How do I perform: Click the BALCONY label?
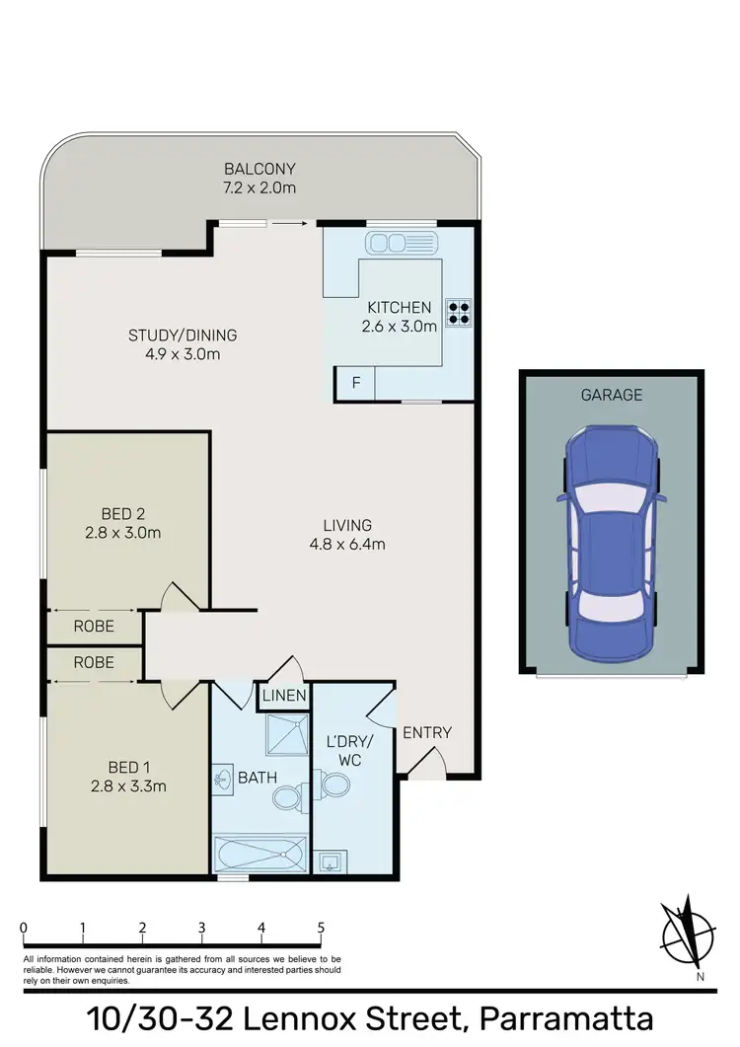(x=259, y=168)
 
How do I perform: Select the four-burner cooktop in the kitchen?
(x=459, y=312)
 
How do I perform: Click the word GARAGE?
(x=612, y=395)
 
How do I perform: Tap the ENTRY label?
(x=427, y=732)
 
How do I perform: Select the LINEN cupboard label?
(x=284, y=697)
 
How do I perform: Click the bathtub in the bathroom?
(x=260, y=852)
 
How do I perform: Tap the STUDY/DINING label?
(x=183, y=335)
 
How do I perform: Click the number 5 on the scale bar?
(x=321, y=928)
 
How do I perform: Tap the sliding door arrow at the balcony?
(x=289, y=224)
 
